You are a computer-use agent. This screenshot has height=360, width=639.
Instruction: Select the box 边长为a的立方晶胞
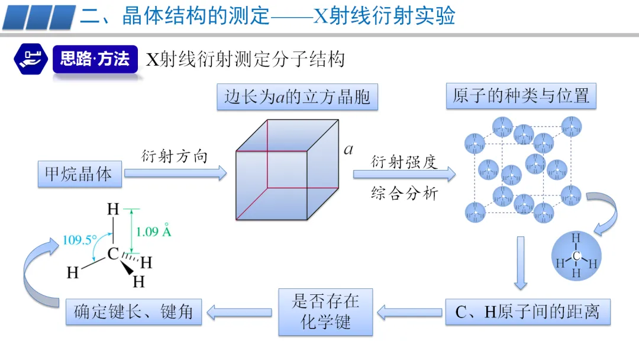tap(297, 97)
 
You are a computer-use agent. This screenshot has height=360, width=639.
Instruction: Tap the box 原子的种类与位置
tap(521, 96)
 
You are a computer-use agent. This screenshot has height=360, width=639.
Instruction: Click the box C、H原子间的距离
tap(527, 311)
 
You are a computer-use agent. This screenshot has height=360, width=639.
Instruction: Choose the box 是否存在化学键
tap(325, 311)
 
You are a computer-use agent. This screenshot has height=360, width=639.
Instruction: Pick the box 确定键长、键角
tap(134, 311)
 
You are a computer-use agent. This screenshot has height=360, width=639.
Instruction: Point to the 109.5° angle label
tap(79, 240)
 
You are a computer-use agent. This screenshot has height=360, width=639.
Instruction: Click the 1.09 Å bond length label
tap(153, 232)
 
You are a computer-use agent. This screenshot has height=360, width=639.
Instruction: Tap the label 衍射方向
tap(175, 156)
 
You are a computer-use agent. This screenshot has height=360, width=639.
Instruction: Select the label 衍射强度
tap(404, 162)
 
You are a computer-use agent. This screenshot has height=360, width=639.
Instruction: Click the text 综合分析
tap(404, 193)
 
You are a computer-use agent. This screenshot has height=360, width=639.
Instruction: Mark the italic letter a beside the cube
tap(348, 149)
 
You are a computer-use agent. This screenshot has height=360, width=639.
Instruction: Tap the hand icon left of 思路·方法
tap(30, 59)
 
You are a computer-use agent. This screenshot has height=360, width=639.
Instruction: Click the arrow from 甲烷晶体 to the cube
tap(176, 173)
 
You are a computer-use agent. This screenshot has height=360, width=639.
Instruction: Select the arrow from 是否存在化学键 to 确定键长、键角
tap(239, 311)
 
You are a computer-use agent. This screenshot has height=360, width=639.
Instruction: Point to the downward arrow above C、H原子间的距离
tap(520, 263)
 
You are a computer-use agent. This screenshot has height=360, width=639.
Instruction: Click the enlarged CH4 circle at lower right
tap(576, 256)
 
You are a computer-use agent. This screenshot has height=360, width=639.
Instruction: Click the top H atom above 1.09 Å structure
tap(112, 210)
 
